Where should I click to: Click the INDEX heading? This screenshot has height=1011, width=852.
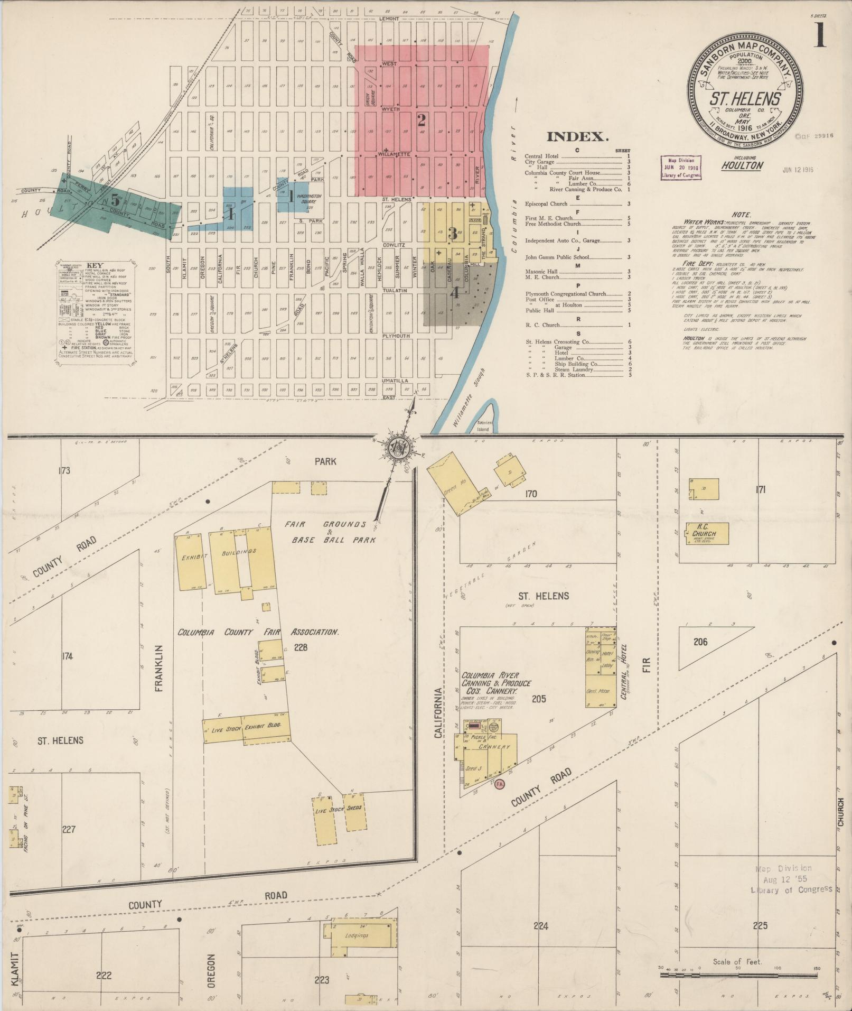coord(577,137)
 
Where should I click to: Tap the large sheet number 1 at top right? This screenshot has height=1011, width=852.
coord(819,36)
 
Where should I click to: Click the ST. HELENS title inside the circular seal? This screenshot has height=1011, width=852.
coord(745,99)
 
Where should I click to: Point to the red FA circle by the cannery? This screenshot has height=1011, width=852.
coord(500,784)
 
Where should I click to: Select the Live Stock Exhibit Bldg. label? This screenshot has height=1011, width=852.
coord(247,729)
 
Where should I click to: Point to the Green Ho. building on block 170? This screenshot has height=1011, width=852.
coord(453,482)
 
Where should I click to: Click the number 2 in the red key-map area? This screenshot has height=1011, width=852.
coord(421,120)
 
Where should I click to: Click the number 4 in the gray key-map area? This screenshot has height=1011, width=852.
coord(454,292)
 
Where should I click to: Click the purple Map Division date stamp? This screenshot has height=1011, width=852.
coord(682,168)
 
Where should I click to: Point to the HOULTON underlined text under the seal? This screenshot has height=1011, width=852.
coord(743,166)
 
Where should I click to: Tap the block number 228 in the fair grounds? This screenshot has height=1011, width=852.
coord(301,647)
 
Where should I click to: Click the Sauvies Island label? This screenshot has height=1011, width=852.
coord(484,426)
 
